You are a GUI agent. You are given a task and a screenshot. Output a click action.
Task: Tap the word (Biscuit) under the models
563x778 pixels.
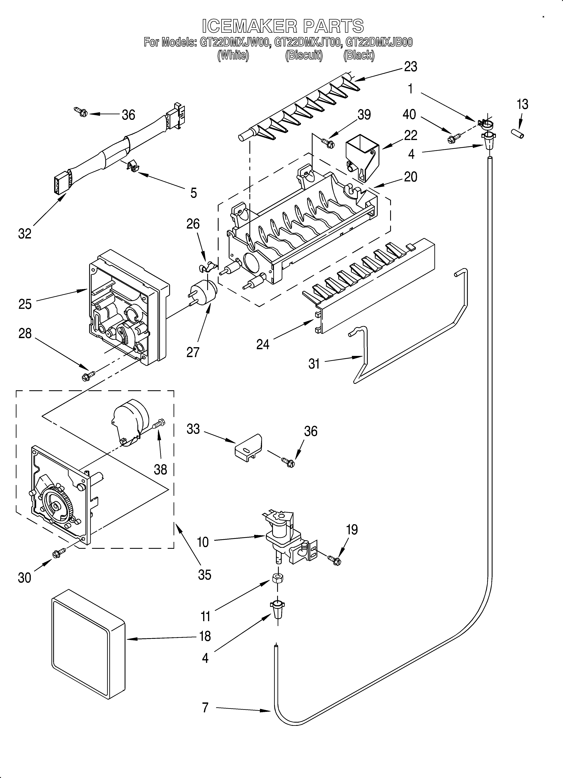point(304,55)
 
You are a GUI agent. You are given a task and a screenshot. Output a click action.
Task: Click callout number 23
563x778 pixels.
point(410,66)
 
